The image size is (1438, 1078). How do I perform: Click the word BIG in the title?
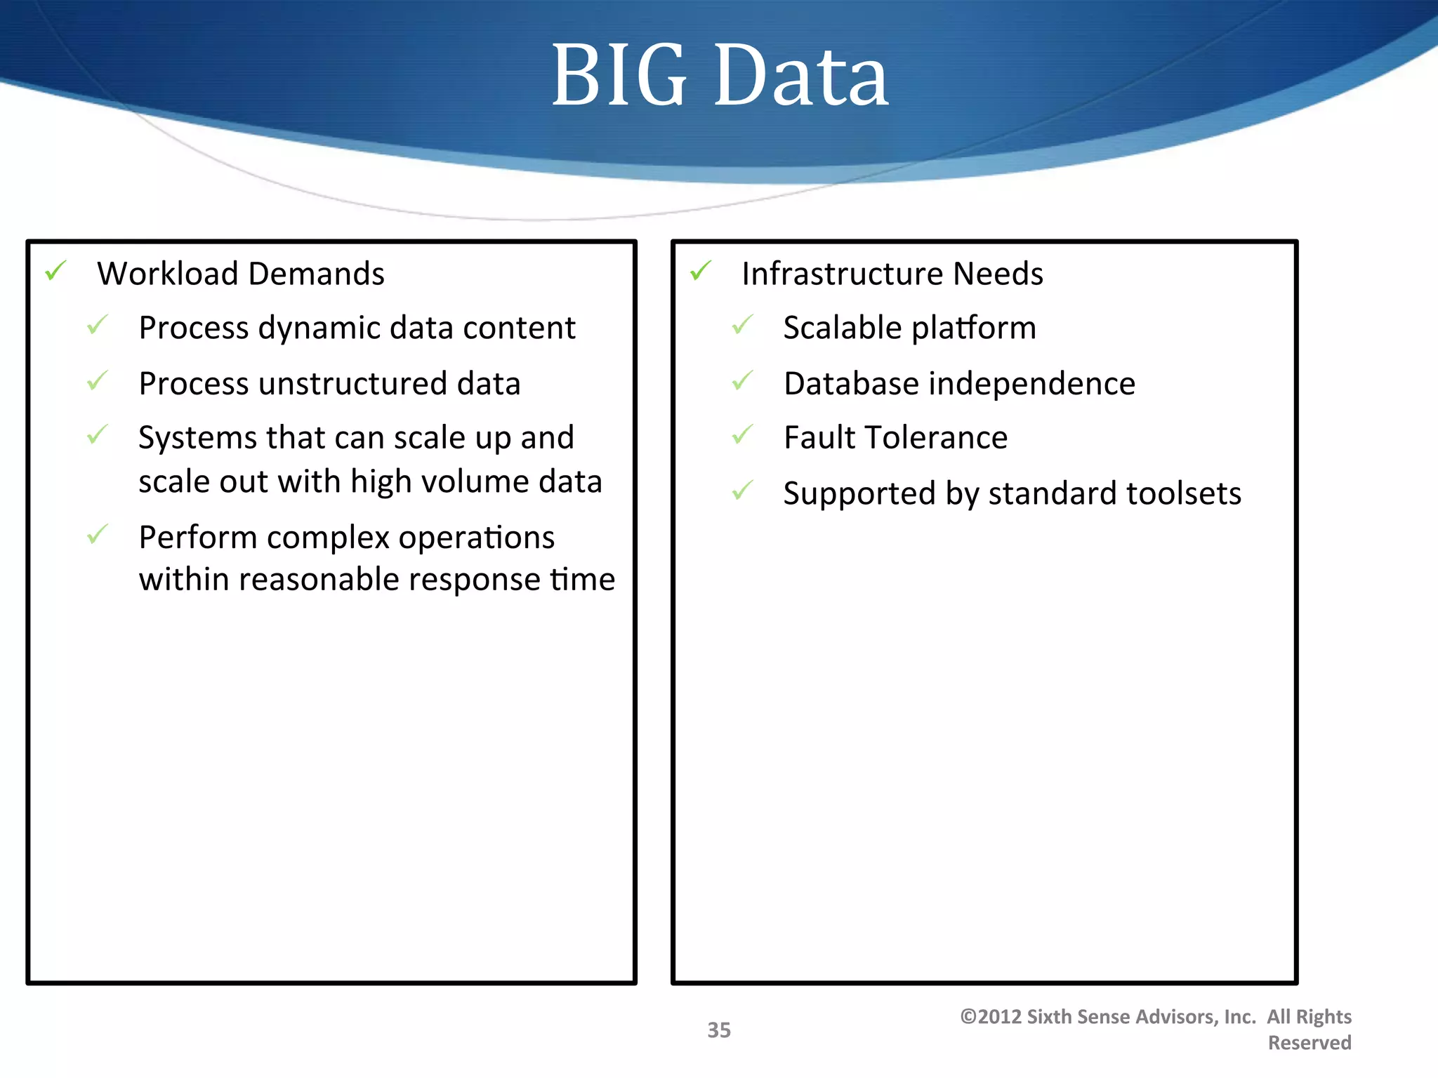[x=618, y=76]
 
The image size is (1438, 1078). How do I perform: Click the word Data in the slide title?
[x=802, y=76]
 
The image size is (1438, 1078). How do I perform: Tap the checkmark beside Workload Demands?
[x=55, y=270]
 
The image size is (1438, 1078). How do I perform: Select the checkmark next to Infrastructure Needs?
[x=700, y=270]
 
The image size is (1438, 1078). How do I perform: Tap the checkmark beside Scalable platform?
[x=742, y=325]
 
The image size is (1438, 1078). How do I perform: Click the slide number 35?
[x=718, y=1030]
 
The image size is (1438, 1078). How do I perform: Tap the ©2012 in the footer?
[x=990, y=1017]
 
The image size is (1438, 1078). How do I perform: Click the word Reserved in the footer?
[x=1309, y=1043]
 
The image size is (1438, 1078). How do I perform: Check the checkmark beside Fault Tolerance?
[x=742, y=435]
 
